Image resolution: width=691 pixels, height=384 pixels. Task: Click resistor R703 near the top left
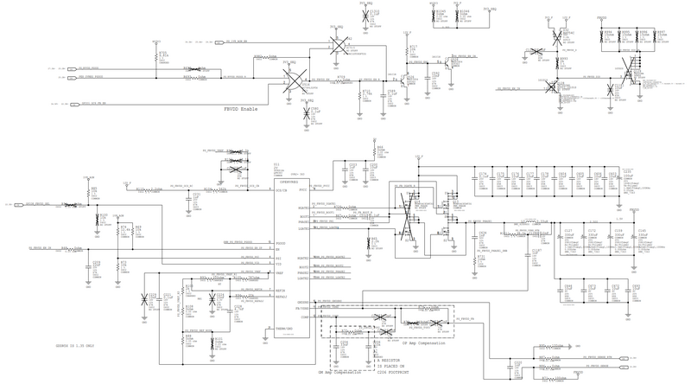(164, 56)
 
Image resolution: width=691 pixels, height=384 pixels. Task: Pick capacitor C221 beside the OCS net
(197, 198)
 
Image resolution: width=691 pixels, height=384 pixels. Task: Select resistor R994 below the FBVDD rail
(607, 34)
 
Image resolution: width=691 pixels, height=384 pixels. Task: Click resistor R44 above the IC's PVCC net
(380, 151)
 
